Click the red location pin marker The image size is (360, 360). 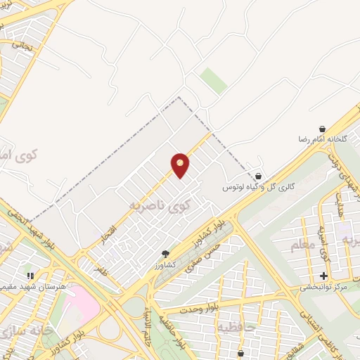point(181,165)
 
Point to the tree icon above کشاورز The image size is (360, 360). point(166,254)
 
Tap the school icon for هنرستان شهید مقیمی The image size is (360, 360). point(30,276)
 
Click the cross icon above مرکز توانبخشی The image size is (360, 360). point(323,276)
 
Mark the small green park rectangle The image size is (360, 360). point(213,80)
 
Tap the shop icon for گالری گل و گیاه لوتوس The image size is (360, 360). point(258,176)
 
